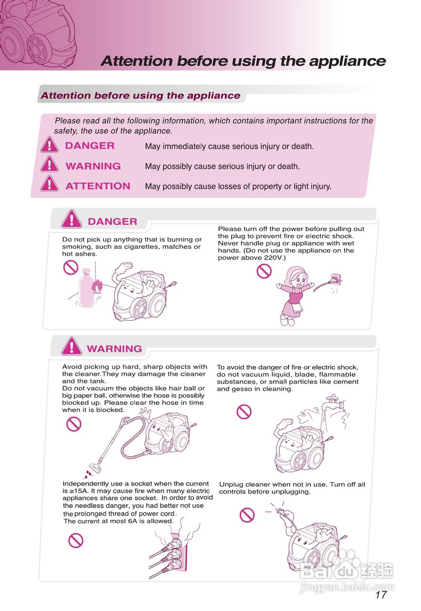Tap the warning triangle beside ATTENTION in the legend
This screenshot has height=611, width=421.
[x=49, y=184]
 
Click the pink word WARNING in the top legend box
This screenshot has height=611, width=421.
[x=93, y=166]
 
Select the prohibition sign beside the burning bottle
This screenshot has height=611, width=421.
[x=71, y=267]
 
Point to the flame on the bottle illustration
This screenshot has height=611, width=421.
[x=97, y=286]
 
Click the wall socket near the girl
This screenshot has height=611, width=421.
[x=336, y=280]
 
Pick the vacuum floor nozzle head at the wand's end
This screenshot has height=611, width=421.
[x=95, y=468]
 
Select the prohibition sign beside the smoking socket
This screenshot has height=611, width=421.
[x=76, y=540]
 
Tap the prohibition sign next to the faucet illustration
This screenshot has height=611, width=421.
[x=244, y=411]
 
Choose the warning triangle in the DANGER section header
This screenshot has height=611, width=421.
[x=72, y=219]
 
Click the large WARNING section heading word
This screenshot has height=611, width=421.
[x=114, y=349]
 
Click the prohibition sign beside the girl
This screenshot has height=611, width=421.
[x=264, y=272]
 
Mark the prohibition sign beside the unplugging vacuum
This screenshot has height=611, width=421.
[x=247, y=515]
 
